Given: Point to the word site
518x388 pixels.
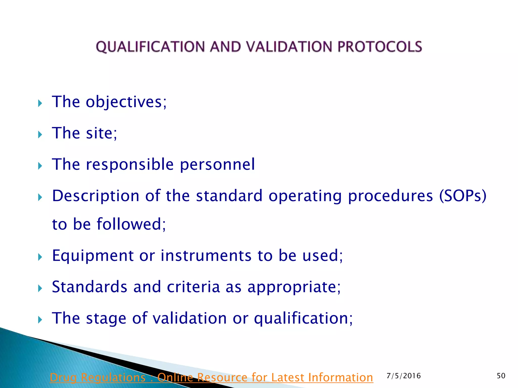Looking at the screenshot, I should [101, 133].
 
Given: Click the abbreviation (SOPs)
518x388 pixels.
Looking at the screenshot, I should [463, 196].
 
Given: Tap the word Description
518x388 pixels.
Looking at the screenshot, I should [96, 196].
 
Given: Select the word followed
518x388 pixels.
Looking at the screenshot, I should [131, 225].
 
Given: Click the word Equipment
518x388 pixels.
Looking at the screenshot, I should [93, 256].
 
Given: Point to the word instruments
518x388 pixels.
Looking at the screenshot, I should [206, 256].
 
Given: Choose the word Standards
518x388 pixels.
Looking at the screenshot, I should [90, 287].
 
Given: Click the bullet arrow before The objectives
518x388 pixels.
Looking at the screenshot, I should [40, 103].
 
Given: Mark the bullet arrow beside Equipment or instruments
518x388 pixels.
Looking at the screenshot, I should [40, 257].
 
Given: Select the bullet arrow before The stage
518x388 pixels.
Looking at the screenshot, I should [40, 320].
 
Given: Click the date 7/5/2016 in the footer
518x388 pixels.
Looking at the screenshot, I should [404, 376].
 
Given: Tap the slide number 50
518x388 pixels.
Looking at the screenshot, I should [501, 376].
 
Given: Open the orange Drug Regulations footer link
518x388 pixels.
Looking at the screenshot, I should [211, 378].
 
